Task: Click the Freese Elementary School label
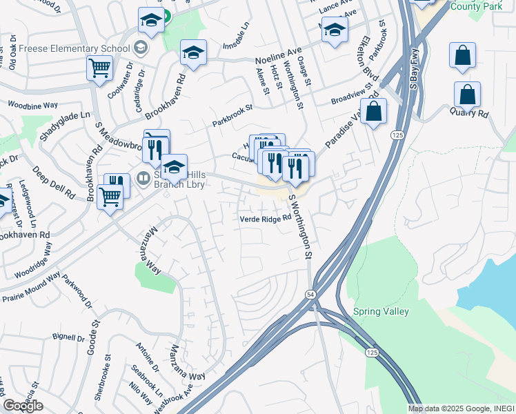click(x=74, y=48)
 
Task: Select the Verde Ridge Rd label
click(x=262, y=219)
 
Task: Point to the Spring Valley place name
click(x=381, y=311)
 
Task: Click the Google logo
click(x=23, y=406)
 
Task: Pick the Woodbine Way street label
click(x=32, y=106)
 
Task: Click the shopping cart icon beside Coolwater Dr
click(x=100, y=68)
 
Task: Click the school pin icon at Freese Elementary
click(x=141, y=48)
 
